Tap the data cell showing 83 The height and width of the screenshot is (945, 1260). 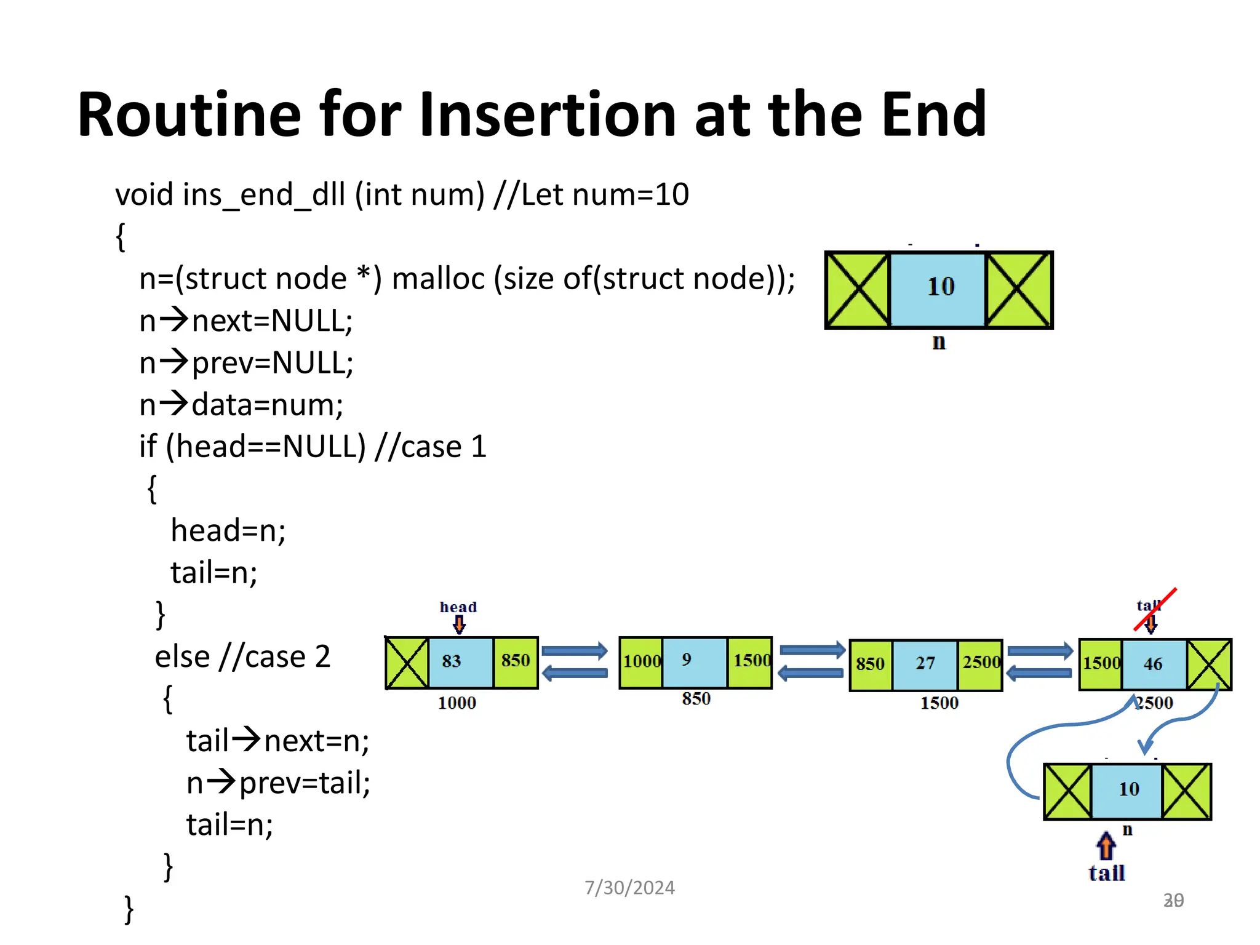(x=460, y=661)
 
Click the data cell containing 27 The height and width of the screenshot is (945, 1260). (x=924, y=664)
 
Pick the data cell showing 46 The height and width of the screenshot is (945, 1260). (x=1153, y=664)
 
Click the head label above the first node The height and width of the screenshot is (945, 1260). (x=458, y=607)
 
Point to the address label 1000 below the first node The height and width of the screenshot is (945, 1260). (x=457, y=703)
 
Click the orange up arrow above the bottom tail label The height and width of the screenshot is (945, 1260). (x=1106, y=846)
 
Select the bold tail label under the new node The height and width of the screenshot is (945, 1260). (x=1106, y=874)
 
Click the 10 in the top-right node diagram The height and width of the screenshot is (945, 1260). (x=939, y=287)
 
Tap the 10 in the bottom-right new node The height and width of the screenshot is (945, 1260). (x=1128, y=789)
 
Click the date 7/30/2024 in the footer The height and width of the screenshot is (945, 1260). (x=629, y=888)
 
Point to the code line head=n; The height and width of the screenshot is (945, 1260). (x=228, y=530)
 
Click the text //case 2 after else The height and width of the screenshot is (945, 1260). (x=275, y=656)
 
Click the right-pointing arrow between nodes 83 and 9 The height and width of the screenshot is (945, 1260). (x=574, y=651)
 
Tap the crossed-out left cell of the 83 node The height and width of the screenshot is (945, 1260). (x=407, y=663)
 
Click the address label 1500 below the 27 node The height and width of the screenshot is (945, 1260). (x=939, y=703)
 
